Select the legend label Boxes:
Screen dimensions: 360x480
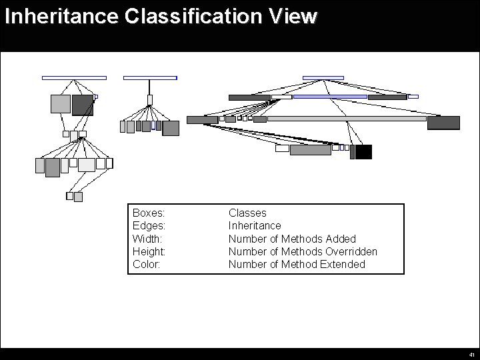(149, 213)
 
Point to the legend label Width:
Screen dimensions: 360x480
(147, 239)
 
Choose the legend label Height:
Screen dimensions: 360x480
(149, 251)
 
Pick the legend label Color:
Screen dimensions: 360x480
(146, 264)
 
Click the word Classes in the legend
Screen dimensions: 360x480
(247, 213)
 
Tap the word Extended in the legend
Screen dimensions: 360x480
(341, 264)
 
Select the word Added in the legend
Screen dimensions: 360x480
(341, 239)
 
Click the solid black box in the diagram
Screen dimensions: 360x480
(363, 152)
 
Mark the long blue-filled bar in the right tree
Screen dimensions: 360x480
(330, 97)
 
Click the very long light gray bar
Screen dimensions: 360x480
(346, 119)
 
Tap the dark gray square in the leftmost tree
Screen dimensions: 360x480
(83, 105)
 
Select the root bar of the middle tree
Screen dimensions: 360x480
(150, 78)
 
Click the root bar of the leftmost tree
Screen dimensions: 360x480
(74, 78)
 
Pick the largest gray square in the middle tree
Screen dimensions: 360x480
(171, 128)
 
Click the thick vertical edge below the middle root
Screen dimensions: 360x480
(150, 87)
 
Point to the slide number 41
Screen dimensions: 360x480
(471, 355)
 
